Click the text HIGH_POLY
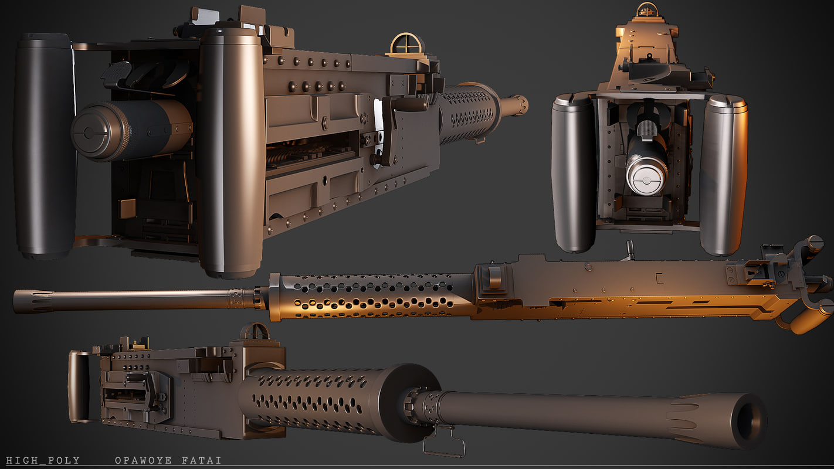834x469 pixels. coord(43,460)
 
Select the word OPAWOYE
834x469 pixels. coord(143,460)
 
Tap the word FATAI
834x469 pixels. coord(202,460)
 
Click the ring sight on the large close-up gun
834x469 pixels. coord(406,45)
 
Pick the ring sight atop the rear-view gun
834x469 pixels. coord(648,9)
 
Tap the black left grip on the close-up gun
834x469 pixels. coord(45,147)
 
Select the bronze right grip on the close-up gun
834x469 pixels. coord(232,152)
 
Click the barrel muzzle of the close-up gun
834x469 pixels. coord(519,105)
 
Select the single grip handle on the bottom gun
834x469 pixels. coord(79,387)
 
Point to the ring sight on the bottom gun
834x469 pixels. coord(255,332)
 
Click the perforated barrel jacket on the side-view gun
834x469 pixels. coord(369,296)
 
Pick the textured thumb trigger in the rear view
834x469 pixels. coord(647,130)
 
